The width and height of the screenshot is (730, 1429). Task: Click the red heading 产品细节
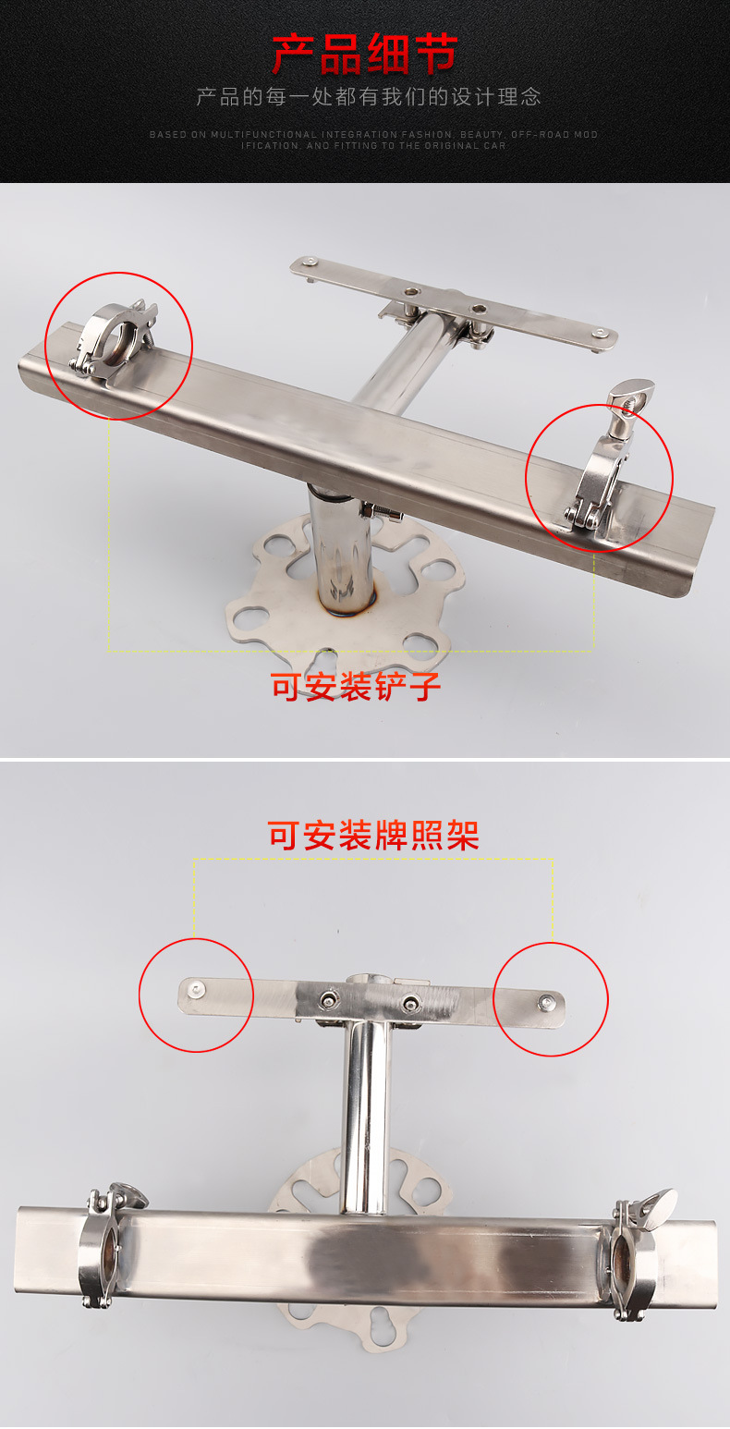point(365,54)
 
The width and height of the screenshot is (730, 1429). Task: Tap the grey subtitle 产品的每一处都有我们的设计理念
point(369,97)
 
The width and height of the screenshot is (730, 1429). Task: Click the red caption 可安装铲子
point(356,687)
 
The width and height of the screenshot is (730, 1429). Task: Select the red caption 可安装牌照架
point(373,835)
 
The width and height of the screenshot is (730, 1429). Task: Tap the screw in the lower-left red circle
point(195,989)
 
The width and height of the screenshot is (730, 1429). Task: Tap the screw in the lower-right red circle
point(545,1002)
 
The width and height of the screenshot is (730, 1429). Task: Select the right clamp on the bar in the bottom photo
point(635,1254)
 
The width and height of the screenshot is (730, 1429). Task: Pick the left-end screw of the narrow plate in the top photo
point(310,262)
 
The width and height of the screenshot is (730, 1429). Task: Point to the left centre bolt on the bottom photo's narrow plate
point(329,1000)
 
